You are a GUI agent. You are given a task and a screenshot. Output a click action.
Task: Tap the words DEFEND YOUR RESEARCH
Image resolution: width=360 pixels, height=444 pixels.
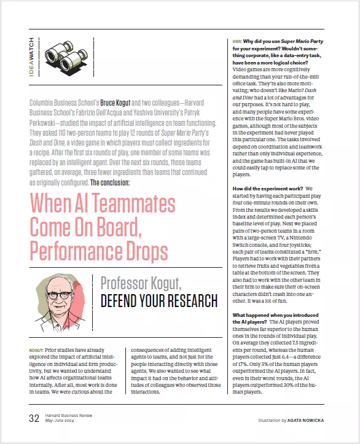pos(158,301)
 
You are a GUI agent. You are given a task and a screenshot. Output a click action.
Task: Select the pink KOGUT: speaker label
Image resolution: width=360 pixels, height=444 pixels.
pos(36,351)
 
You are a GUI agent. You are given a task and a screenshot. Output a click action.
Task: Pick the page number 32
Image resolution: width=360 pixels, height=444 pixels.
pos(34,419)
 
